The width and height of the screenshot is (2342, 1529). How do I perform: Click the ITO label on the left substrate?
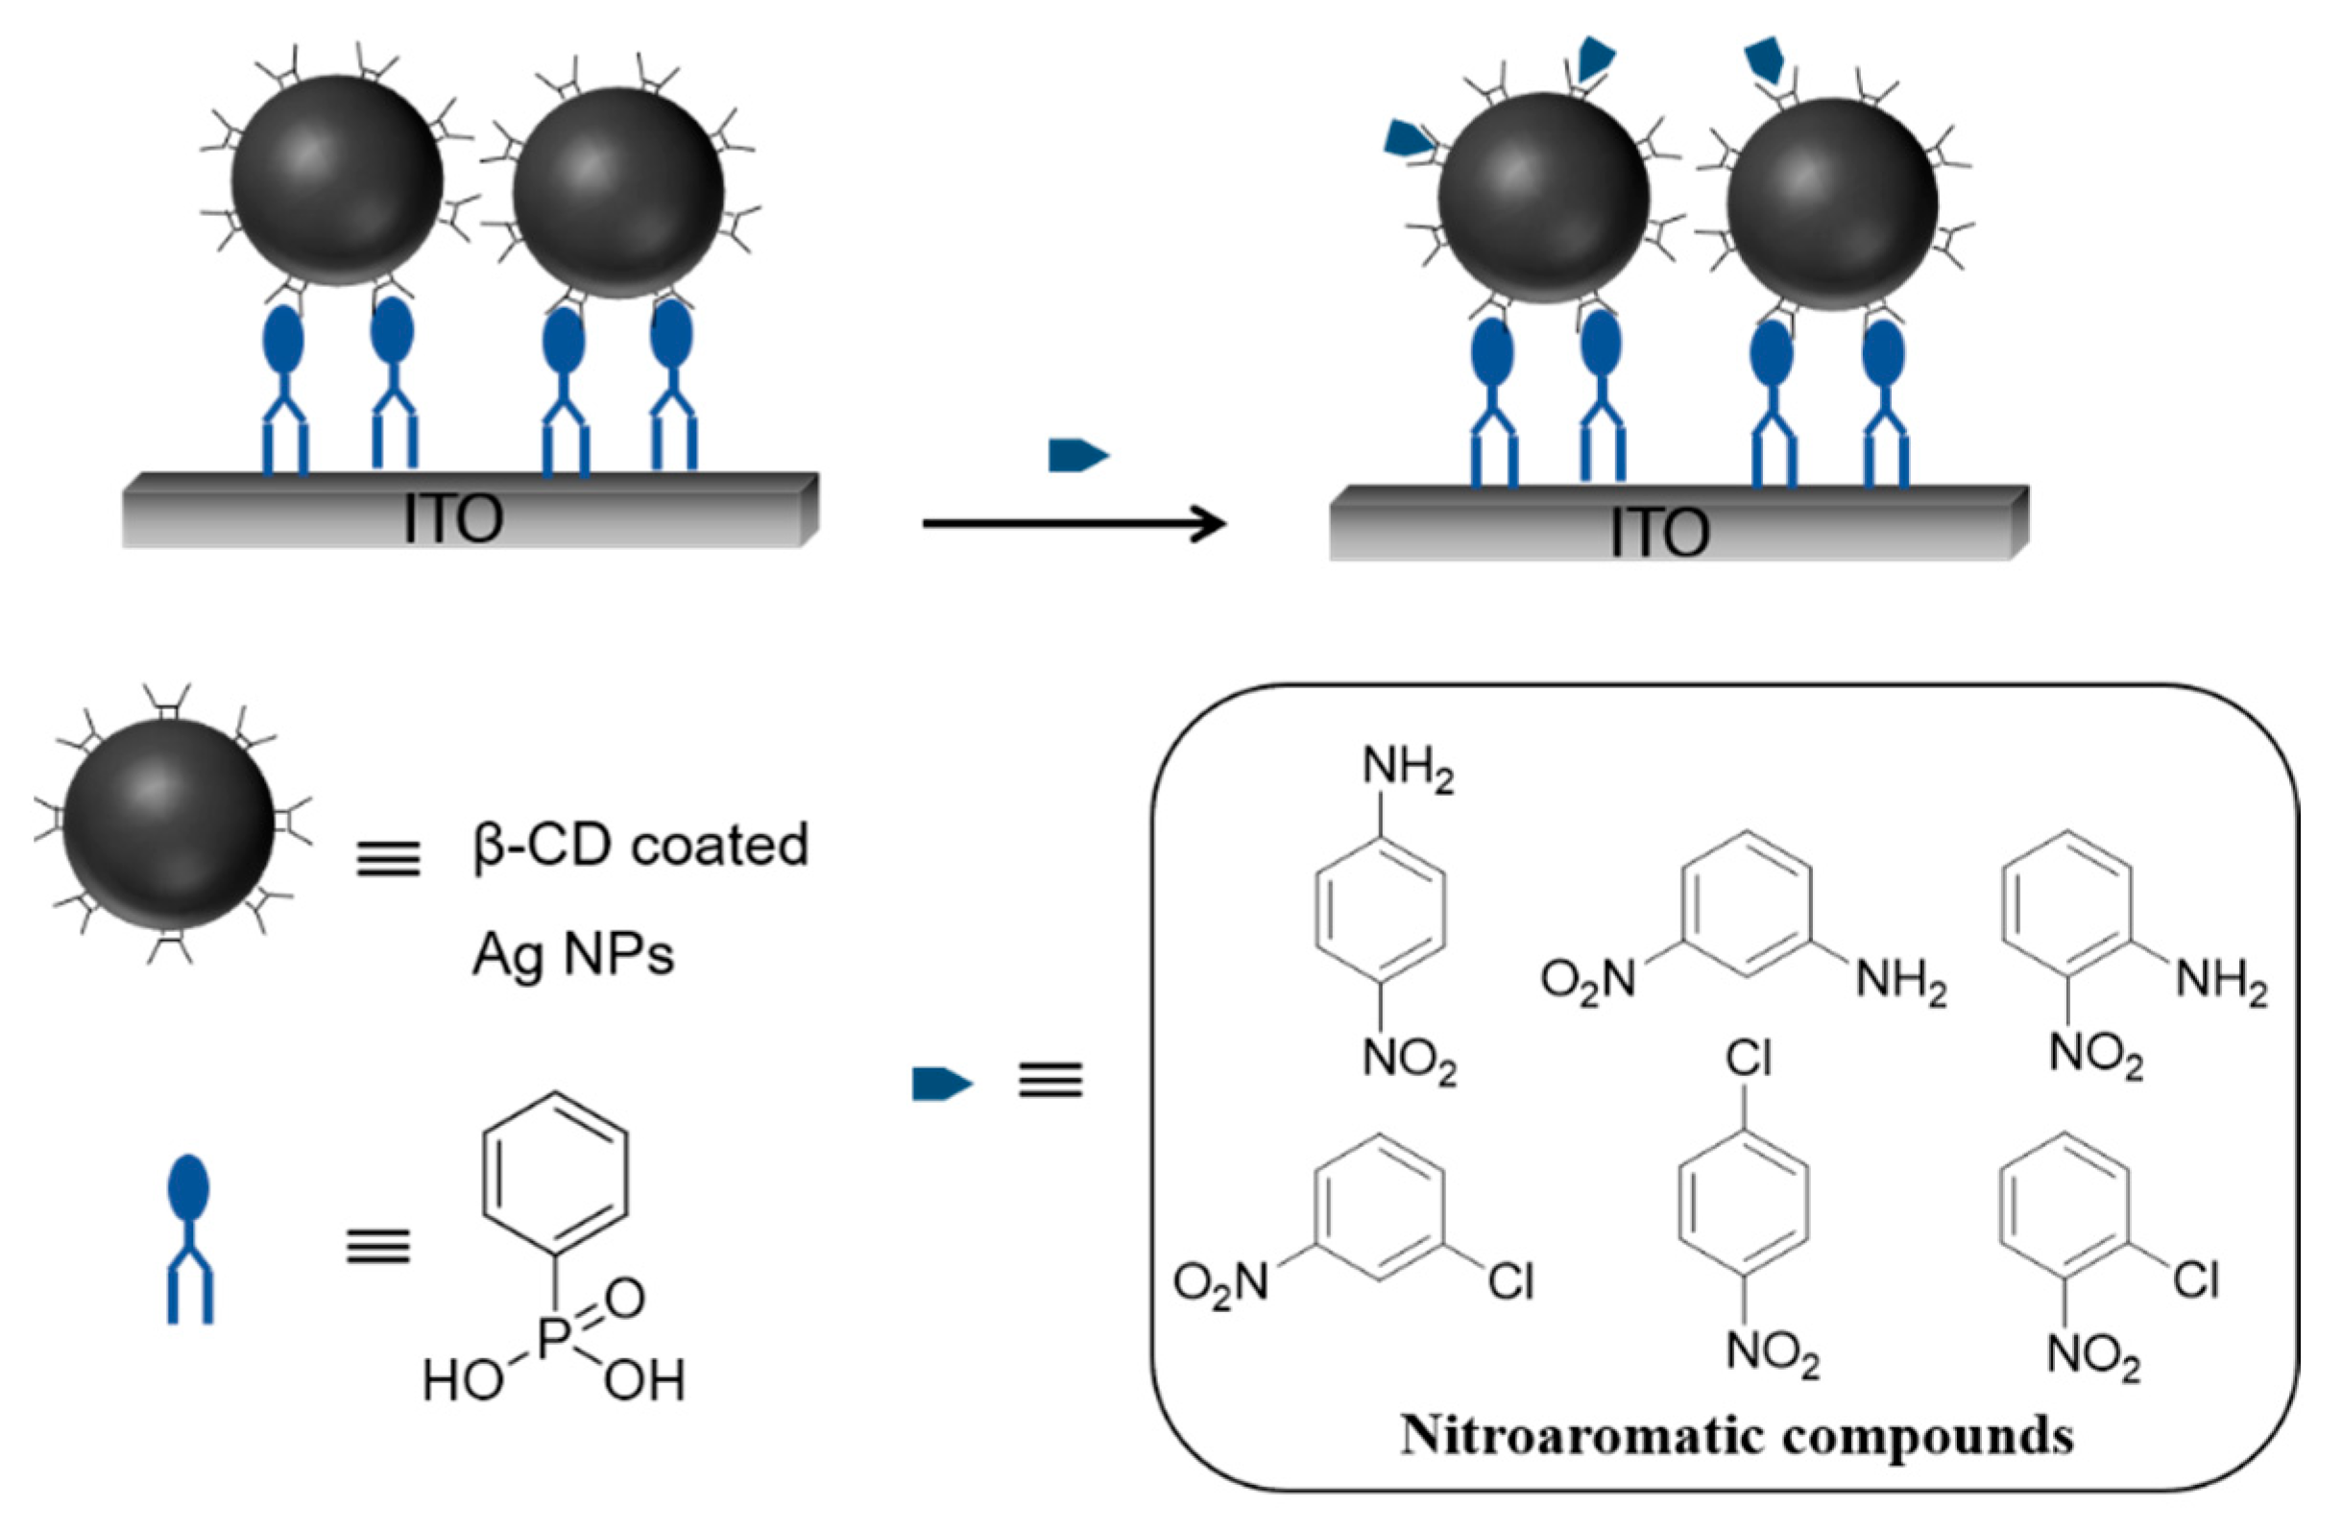pos(453,518)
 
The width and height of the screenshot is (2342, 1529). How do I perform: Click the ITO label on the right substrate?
pos(1660,533)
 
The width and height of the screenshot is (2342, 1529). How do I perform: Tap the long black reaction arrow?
pos(1073,523)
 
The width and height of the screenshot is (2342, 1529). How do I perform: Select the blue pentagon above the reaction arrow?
pos(1078,456)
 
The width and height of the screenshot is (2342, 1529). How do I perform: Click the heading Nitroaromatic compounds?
pos(1737,1436)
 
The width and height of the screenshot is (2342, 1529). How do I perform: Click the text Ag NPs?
pos(573,953)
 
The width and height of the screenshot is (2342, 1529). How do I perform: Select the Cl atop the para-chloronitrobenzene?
pos(1749,1061)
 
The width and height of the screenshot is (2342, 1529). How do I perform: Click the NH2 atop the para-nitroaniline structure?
pos(1407,771)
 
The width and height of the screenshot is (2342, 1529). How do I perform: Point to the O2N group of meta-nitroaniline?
pos(1587,979)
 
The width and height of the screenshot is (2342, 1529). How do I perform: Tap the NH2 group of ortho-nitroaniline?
pos(2221,981)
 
